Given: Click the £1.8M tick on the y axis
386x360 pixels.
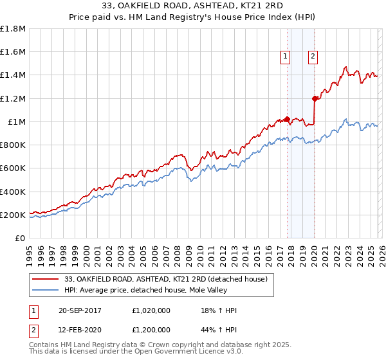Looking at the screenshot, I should [x=13, y=29].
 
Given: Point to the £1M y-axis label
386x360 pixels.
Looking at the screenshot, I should [x=17, y=122].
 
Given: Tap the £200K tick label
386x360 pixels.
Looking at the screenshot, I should [x=13, y=215].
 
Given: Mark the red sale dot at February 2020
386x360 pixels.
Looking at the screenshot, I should [x=315, y=98].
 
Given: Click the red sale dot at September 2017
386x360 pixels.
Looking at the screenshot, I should [x=288, y=120].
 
